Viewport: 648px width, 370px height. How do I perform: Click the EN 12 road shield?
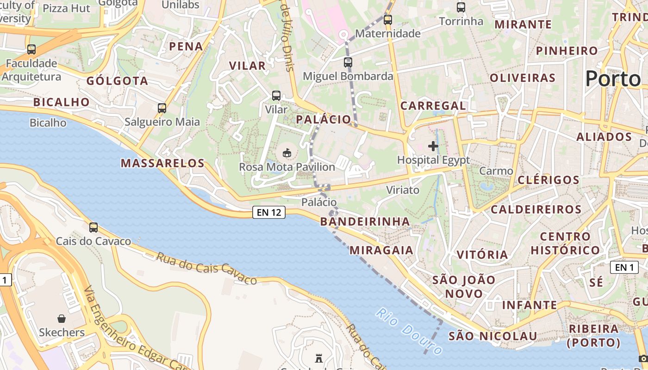(x=268, y=212)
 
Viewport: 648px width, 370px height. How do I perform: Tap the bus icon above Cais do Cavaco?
(x=93, y=227)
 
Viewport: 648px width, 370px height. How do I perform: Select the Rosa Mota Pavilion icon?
(x=287, y=152)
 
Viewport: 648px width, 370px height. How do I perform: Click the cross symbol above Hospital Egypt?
(x=433, y=146)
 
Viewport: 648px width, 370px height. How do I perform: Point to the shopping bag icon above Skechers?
(x=62, y=318)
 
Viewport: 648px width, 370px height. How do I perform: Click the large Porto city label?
(x=613, y=79)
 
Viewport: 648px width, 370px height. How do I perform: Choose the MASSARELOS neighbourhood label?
(x=162, y=163)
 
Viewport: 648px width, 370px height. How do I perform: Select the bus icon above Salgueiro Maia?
(x=162, y=108)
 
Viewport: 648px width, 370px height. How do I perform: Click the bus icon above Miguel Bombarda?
(x=348, y=62)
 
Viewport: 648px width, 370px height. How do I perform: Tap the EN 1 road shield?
(x=624, y=267)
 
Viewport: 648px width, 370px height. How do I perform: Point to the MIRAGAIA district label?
(x=381, y=250)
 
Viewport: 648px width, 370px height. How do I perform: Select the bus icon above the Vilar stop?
(x=276, y=96)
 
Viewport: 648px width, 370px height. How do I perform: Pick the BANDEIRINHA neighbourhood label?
(x=365, y=222)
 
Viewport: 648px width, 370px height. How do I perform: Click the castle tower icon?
(x=318, y=358)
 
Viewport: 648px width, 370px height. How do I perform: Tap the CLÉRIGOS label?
(x=548, y=180)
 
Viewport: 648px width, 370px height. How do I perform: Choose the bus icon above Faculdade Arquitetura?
(x=31, y=49)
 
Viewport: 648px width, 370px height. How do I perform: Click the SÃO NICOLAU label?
(x=492, y=336)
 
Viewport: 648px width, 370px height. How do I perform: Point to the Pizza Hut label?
(x=66, y=8)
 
